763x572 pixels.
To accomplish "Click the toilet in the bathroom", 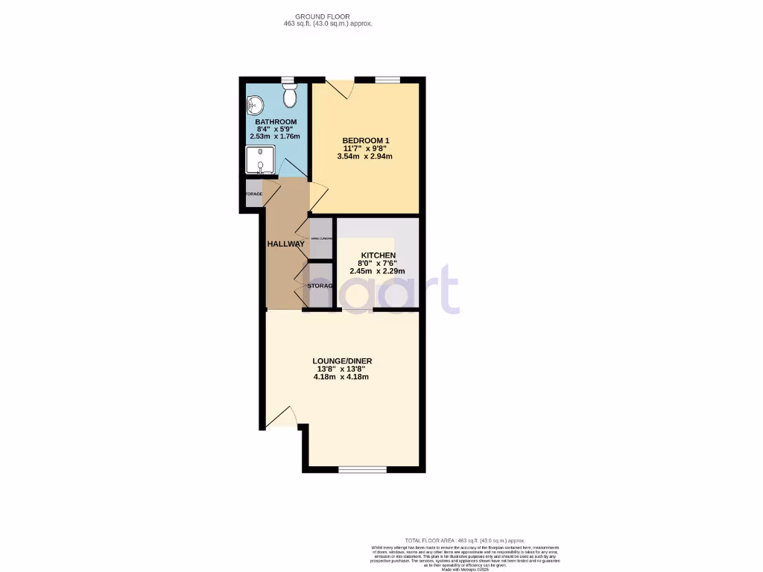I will tap(291, 95).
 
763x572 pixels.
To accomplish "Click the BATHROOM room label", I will tap(276, 122).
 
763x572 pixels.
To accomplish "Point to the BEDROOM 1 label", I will tap(366, 141).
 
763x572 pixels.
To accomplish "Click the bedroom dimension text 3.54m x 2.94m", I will tap(365, 156).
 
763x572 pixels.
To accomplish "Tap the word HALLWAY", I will tap(286, 244).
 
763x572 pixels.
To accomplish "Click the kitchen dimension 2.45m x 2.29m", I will tap(377, 271).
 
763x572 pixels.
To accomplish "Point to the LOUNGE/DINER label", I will tap(342, 361).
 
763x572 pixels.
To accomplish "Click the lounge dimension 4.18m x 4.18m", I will tap(341, 377).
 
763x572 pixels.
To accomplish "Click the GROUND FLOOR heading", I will tap(323, 16).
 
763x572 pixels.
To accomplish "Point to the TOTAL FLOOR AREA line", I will tap(465, 540).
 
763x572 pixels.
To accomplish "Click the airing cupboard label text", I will tap(321, 238).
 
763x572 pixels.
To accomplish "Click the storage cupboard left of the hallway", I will tap(253, 194).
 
